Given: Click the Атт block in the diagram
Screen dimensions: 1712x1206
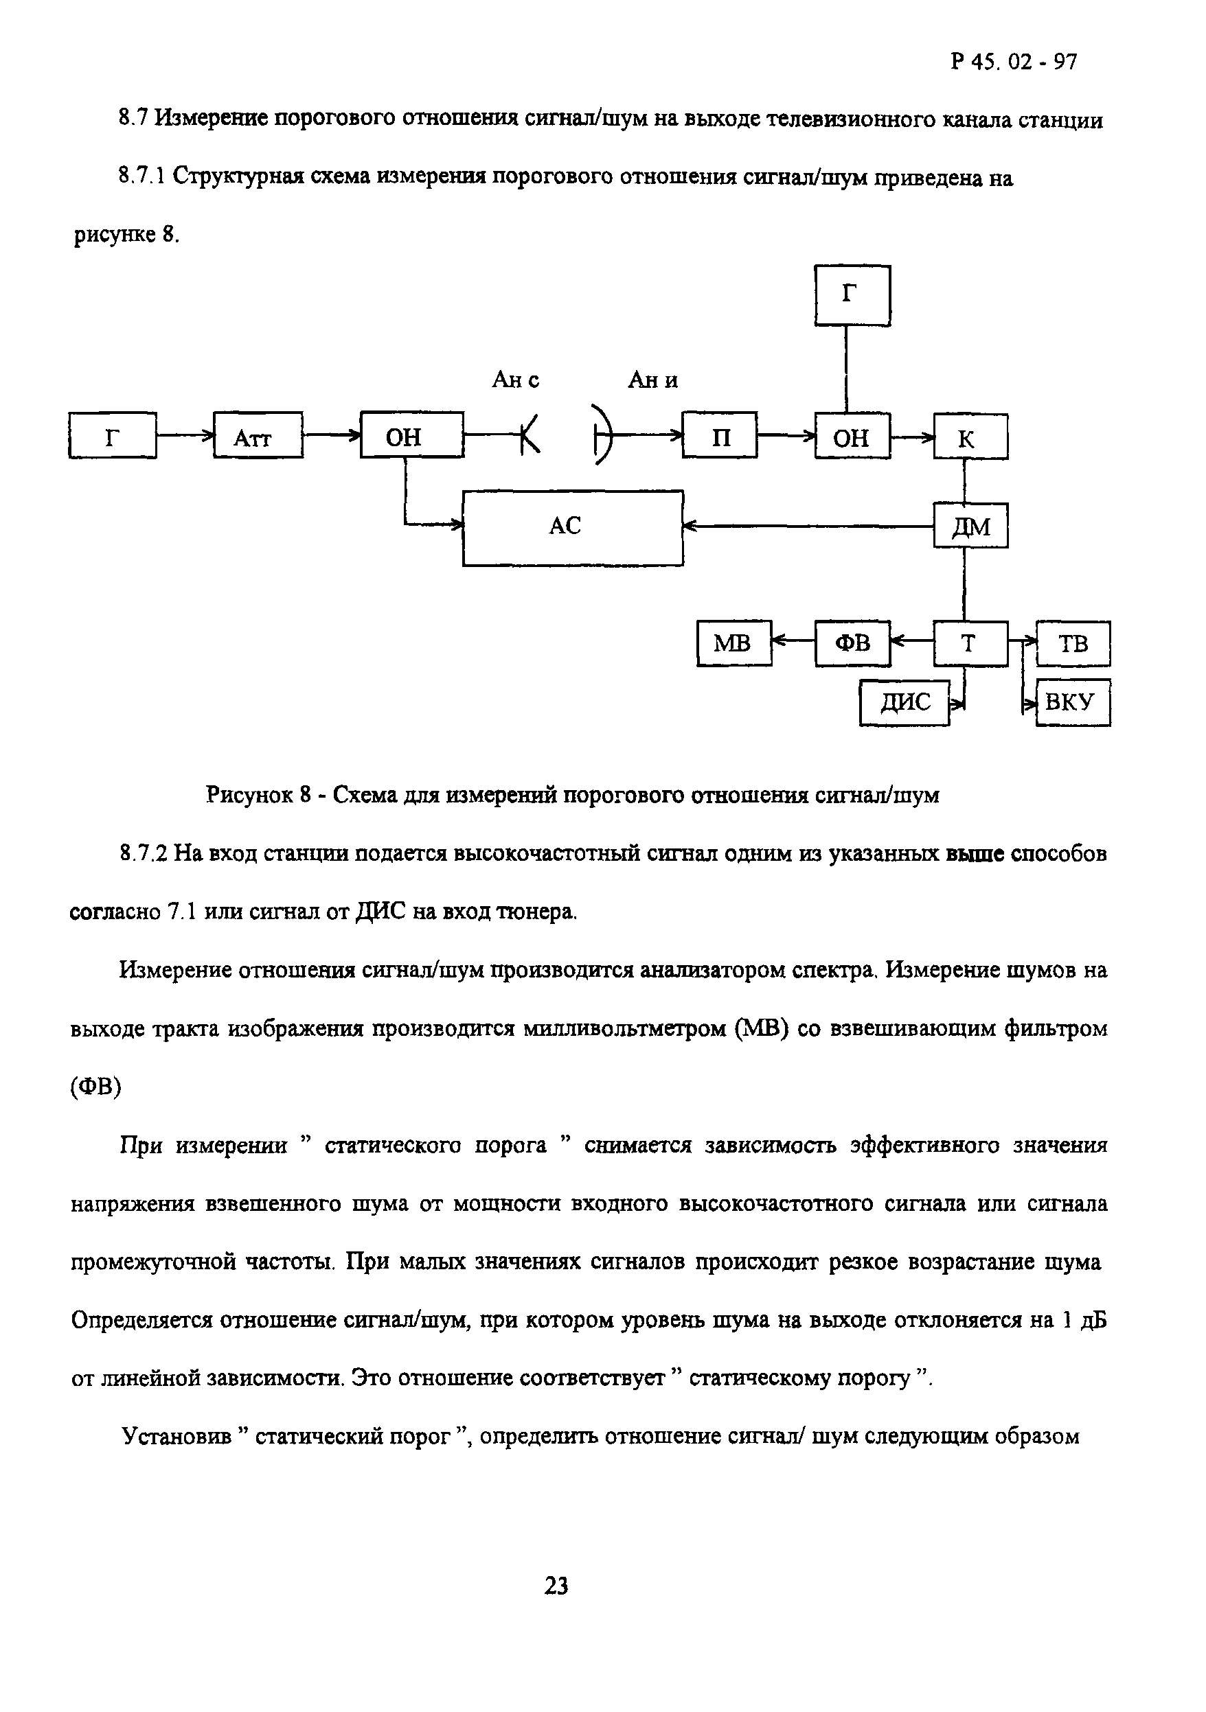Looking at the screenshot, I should tap(258, 435).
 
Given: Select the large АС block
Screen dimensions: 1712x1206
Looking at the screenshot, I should tap(572, 527).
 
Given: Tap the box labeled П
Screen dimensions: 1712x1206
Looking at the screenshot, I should tap(720, 435).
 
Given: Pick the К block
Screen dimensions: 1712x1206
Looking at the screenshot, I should tap(970, 437).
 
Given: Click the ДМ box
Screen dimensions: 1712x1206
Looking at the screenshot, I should tap(970, 526).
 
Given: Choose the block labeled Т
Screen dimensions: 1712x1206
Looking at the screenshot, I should tap(970, 643).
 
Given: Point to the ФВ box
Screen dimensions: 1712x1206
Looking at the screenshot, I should tap(852, 643).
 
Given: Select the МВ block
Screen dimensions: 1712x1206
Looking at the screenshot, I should tap(734, 643).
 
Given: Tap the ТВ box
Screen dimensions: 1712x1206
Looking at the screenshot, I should tap(1073, 643).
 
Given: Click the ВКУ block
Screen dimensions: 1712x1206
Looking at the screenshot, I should tap(1073, 702).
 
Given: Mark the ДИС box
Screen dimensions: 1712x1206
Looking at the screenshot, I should tap(904, 702).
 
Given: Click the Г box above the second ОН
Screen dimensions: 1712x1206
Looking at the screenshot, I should tap(852, 295).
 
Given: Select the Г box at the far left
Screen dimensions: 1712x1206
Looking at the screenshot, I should tap(113, 435).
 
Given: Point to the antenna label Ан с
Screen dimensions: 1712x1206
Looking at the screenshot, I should tap(515, 380).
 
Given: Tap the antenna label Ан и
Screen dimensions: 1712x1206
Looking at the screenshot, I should tap(652, 380).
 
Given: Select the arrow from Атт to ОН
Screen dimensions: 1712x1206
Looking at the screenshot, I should tap(331, 435).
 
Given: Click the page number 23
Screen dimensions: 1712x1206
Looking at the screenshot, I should tap(556, 1586).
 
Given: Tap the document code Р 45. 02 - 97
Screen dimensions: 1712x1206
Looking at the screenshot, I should tap(1014, 62).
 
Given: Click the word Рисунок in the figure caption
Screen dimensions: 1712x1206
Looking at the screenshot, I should tap(250, 796).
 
